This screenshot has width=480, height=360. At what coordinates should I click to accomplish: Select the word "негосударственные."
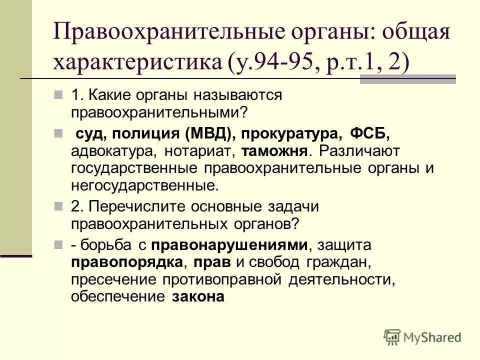coord(145,186)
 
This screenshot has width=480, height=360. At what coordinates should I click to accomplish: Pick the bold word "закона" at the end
coord(198,296)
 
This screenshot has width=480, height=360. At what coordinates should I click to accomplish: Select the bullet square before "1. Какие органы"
coord(58,93)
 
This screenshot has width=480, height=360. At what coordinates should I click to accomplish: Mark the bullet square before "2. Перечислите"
coord(58,205)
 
